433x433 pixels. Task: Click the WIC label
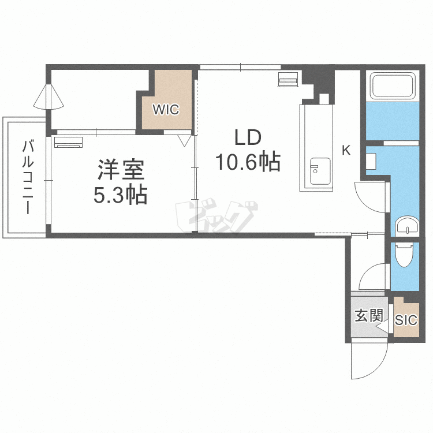click(x=166, y=109)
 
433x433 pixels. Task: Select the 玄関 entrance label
click(x=368, y=315)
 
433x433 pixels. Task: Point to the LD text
click(x=248, y=139)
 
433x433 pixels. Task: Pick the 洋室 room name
click(x=121, y=170)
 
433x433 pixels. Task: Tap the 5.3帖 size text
click(x=121, y=196)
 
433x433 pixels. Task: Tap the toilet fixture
click(x=404, y=254)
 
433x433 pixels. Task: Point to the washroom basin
click(x=410, y=226)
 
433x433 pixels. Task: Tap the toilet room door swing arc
click(x=372, y=276)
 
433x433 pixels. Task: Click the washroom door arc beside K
click(x=369, y=196)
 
